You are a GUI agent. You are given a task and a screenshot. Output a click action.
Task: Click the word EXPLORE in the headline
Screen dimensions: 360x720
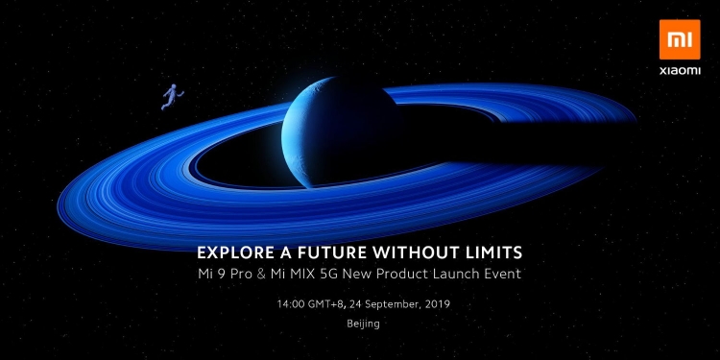(233, 253)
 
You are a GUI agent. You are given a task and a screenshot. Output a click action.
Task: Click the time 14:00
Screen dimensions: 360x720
(289, 303)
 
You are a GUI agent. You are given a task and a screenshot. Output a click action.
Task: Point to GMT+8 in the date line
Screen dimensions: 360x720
(327, 303)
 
